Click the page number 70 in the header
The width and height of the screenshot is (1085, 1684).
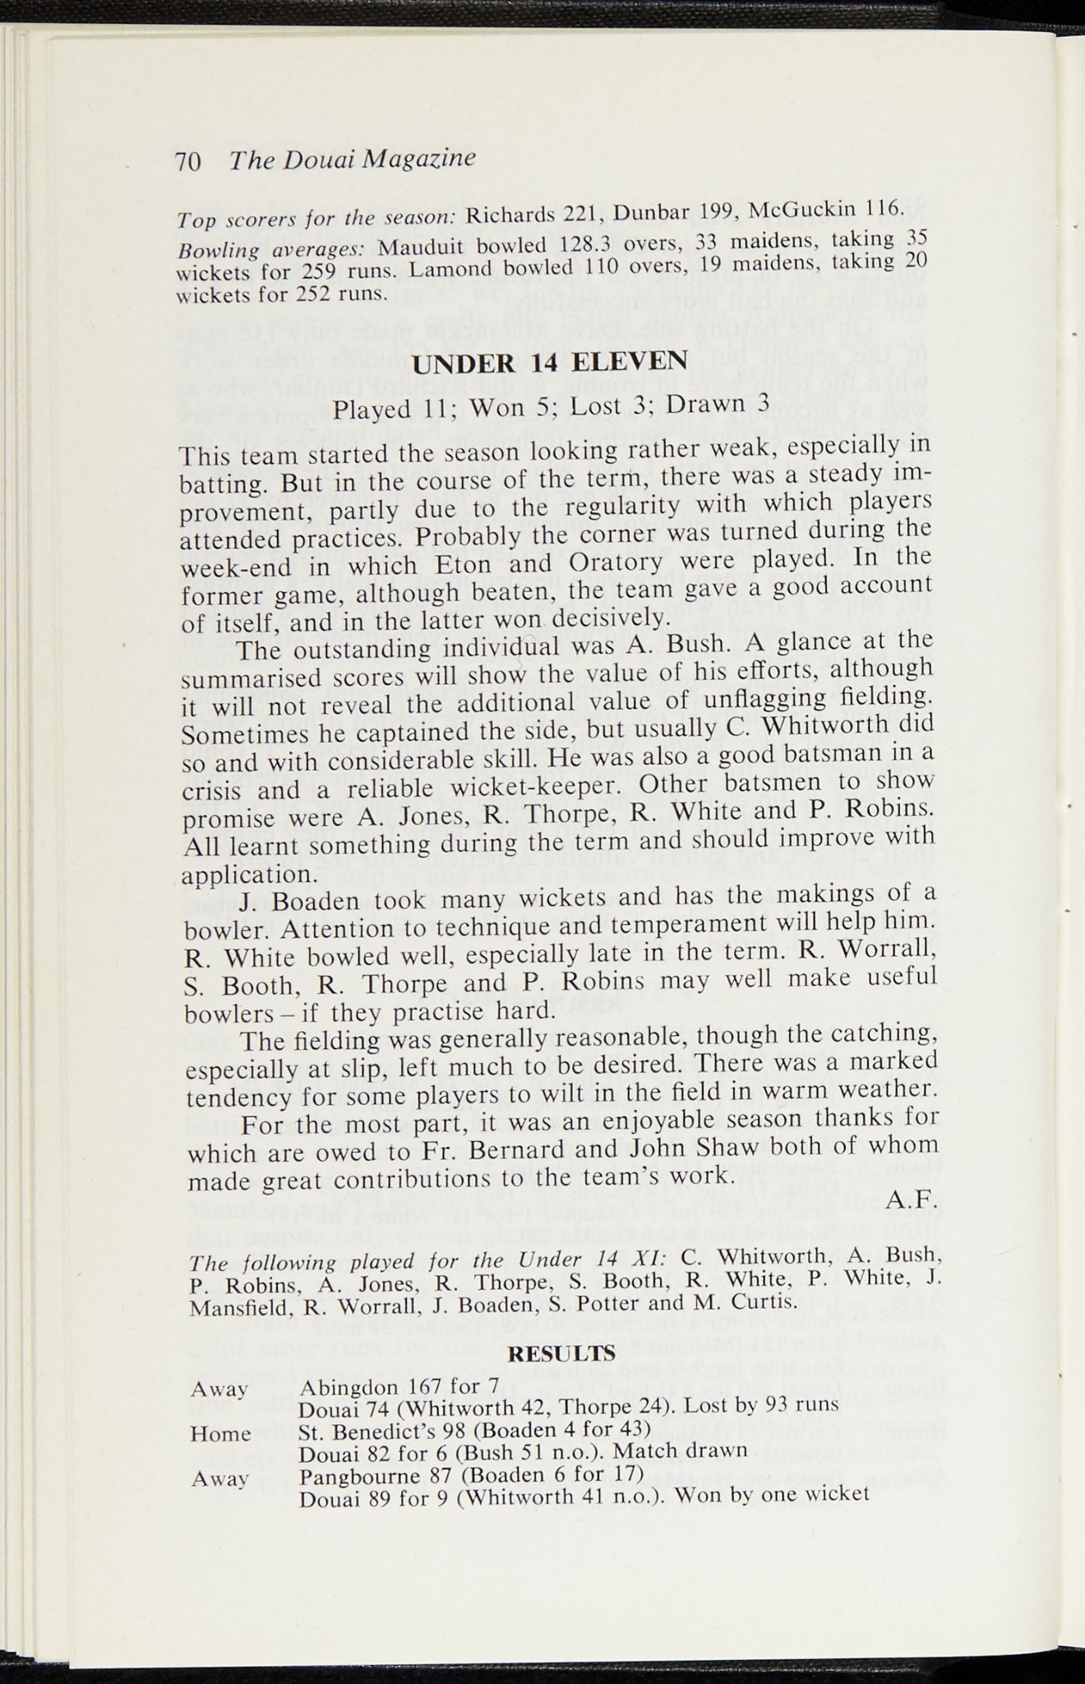tap(188, 161)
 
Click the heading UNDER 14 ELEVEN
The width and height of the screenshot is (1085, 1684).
tap(549, 362)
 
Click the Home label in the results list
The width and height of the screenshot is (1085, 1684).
tap(220, 1433)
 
